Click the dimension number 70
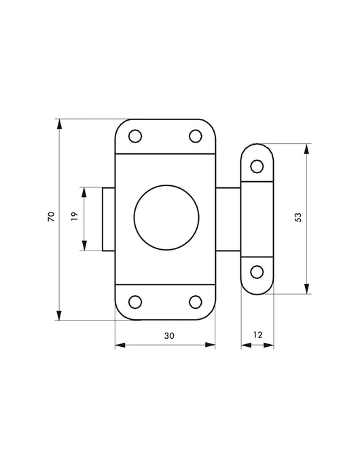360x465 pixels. coord(51,217)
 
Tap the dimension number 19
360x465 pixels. coord(74,216)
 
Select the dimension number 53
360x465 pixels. coord(298,217)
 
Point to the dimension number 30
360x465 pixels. coord(169,336)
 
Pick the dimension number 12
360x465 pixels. coord(258,335)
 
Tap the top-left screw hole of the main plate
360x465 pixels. coord(135,136)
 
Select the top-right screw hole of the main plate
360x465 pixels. coord(196,136)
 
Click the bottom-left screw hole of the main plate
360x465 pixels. coord(135,302)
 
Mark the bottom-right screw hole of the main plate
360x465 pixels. coord(196,302)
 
